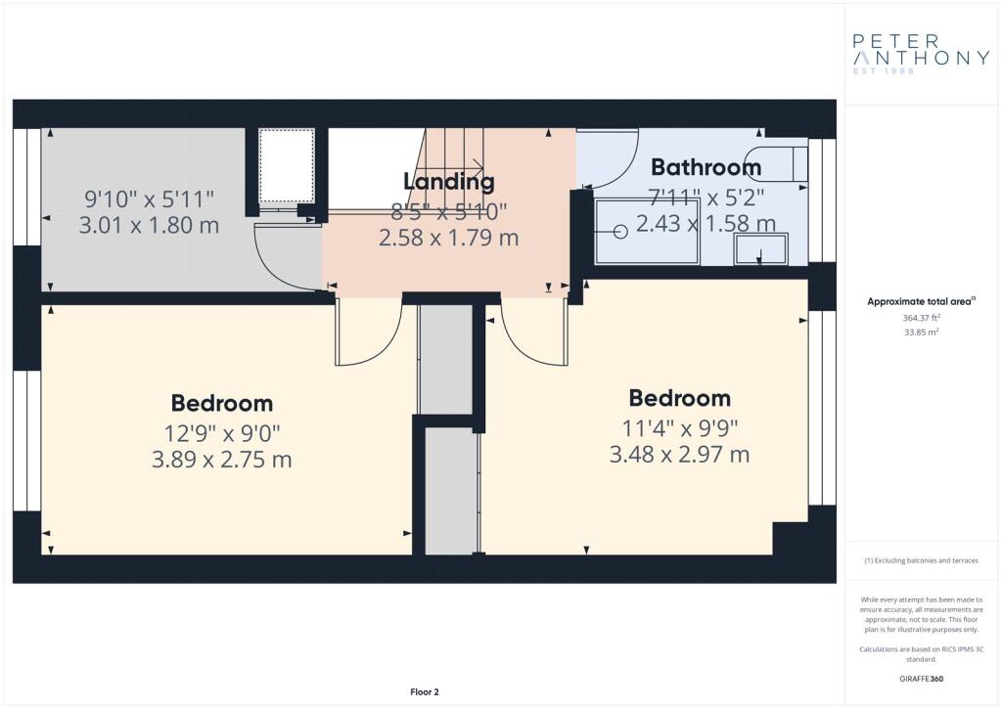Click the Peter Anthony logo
click(x=921, y=53)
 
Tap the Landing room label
click(x=449, y=181)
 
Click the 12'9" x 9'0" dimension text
click(x=221, y=431)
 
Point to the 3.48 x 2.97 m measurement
click(x=679, y=455)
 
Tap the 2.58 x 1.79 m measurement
click(x=449, y=237)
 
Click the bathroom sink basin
click(x=760, y=249)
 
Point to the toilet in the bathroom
click(x=779, y=163)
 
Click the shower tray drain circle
click(x=620, y=232)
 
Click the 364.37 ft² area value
click(x=921, y=318)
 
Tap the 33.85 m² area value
click(x=921, y=332)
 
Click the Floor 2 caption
click(x=425, y=691)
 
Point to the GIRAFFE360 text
click(x=921, y=678)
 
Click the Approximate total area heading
click(x=921, y=301)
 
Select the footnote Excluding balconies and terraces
click(x=921, y=561)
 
